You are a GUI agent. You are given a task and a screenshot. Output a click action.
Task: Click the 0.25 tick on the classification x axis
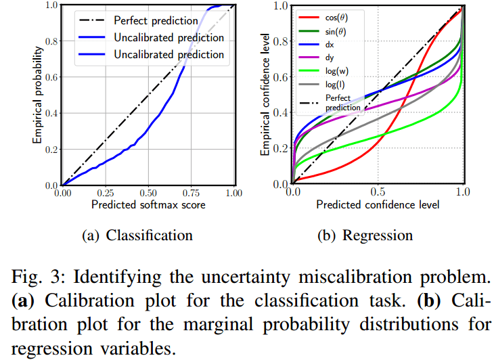(105, 192)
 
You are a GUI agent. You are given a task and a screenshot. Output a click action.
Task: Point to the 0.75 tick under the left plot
(192, 192)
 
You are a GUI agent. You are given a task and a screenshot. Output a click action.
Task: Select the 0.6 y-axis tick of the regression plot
(282, 76)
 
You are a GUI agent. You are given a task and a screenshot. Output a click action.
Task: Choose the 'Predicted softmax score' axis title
(148, 204)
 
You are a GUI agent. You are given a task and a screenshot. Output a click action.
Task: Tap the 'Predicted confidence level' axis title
(378, 203)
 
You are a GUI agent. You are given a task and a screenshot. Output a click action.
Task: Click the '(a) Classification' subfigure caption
(137, 235)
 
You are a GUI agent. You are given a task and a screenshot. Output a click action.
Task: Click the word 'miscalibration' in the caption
(368, 277)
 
